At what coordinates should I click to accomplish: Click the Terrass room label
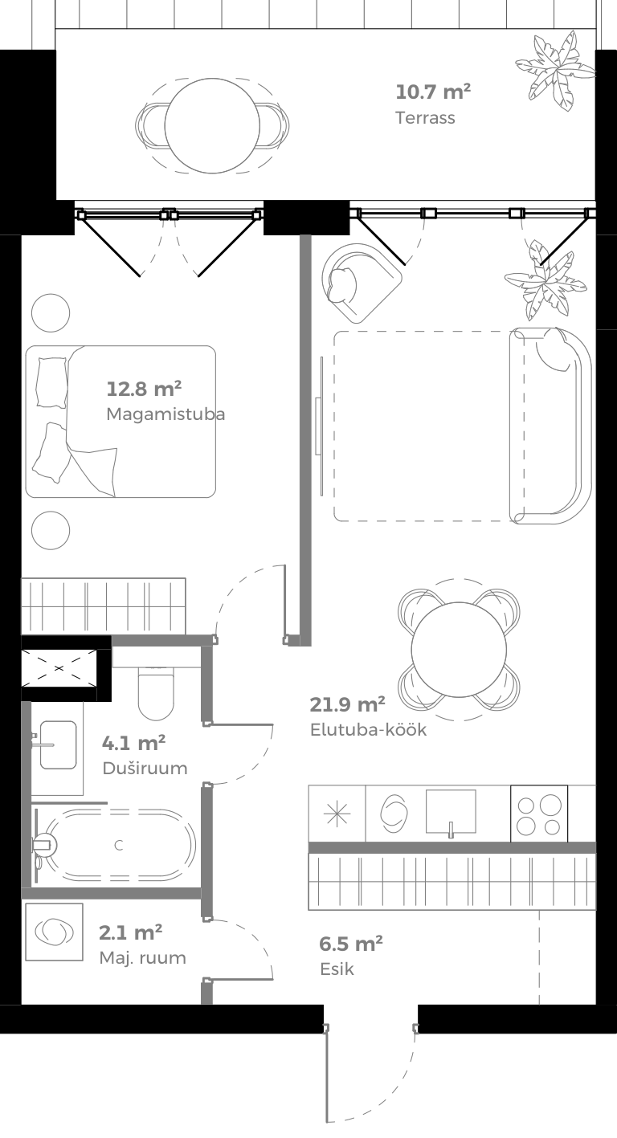click(x=425, y=118)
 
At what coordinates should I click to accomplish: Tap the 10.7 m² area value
click(x=433, y=92)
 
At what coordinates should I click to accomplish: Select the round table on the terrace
click(x=212, y=126)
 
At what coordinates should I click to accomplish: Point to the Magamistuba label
click(x=165, y=414)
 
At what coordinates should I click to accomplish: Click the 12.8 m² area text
click(x=144, y=390)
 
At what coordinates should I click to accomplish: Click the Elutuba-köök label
click(x=368, y=730)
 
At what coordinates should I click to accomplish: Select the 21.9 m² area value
click(x=347, y=705)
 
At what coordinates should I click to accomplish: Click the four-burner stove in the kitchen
click(x=539, y=814)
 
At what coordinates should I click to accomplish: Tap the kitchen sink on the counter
click(x=450, y=813)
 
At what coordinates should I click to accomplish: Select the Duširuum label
click(x=145, y=768)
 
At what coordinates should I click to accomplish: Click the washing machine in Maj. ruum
click(x=54, y=932)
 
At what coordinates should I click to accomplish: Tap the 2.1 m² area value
click(x=131, y=932)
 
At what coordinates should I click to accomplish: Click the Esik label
click(x=336, y=969)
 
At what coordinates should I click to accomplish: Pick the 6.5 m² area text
click(x=350, y=943)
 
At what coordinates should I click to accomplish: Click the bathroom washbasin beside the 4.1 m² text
click(x=57, y=744)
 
